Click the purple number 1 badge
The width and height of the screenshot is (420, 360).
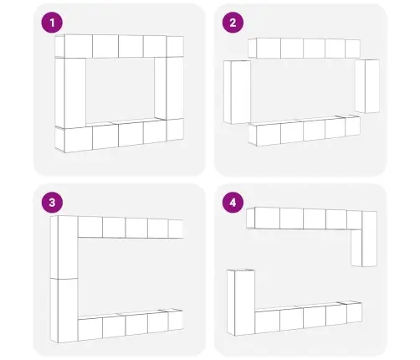52,23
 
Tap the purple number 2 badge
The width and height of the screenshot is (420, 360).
233,23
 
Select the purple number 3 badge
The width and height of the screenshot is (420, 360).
52,203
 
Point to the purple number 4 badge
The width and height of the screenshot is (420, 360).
233,203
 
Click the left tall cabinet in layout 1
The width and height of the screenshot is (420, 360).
70,93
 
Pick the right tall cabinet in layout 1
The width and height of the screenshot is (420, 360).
169,88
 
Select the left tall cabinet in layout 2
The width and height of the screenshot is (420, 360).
237,92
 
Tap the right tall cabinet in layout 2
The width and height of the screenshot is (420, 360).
367,86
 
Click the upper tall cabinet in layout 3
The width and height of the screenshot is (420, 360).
64,247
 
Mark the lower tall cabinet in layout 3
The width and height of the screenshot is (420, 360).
64,311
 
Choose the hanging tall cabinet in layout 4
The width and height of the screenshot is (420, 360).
364,239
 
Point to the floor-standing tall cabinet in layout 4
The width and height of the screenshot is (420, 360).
241,302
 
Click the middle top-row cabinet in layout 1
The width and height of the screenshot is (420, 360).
118,46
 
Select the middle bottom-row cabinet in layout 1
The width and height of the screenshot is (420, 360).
118,136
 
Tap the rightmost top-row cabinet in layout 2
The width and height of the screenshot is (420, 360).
352,49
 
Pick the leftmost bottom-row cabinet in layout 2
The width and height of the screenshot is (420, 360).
265,135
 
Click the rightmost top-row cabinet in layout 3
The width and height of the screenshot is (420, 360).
176,229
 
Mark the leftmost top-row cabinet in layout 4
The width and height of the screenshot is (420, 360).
263,218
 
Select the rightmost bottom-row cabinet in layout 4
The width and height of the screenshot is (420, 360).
354,312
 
